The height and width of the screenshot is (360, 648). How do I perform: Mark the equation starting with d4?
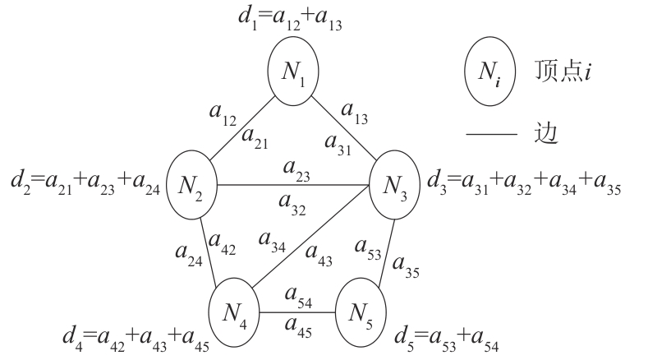(x=135, y=338)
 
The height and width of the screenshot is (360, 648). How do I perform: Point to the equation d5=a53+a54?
(x=445, y=338)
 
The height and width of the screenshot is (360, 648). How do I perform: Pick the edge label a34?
(x=270, y=241)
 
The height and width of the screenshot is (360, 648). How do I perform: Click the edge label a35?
(x=407, y=265)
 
